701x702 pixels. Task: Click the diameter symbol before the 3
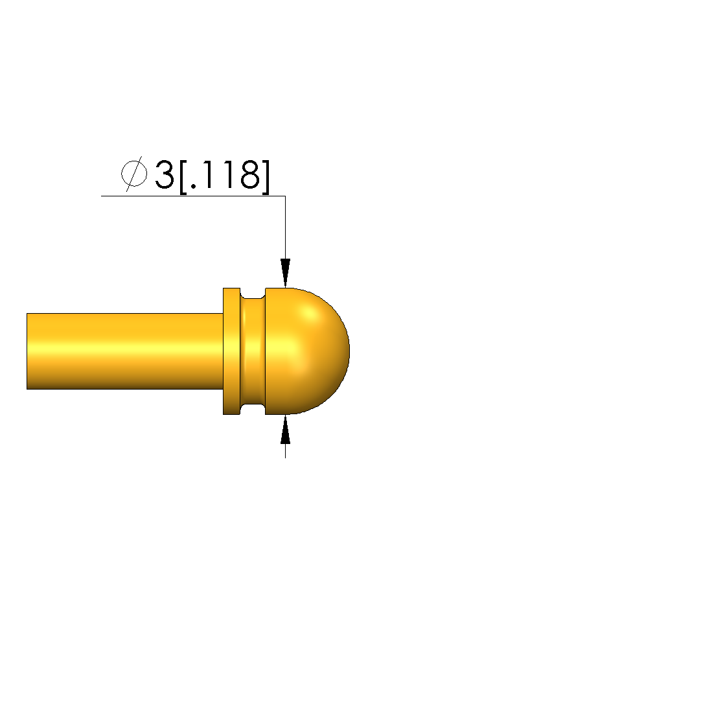[134, 174]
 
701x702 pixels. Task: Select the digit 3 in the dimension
[164, 174]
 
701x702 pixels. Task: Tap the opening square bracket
[183, 176]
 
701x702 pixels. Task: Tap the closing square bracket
[266, 176]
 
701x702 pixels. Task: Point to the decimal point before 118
[193, 186]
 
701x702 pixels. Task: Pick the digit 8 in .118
[249, 174]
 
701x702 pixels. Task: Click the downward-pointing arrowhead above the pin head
[286, 273]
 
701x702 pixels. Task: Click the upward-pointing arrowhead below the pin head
[286, 430]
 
